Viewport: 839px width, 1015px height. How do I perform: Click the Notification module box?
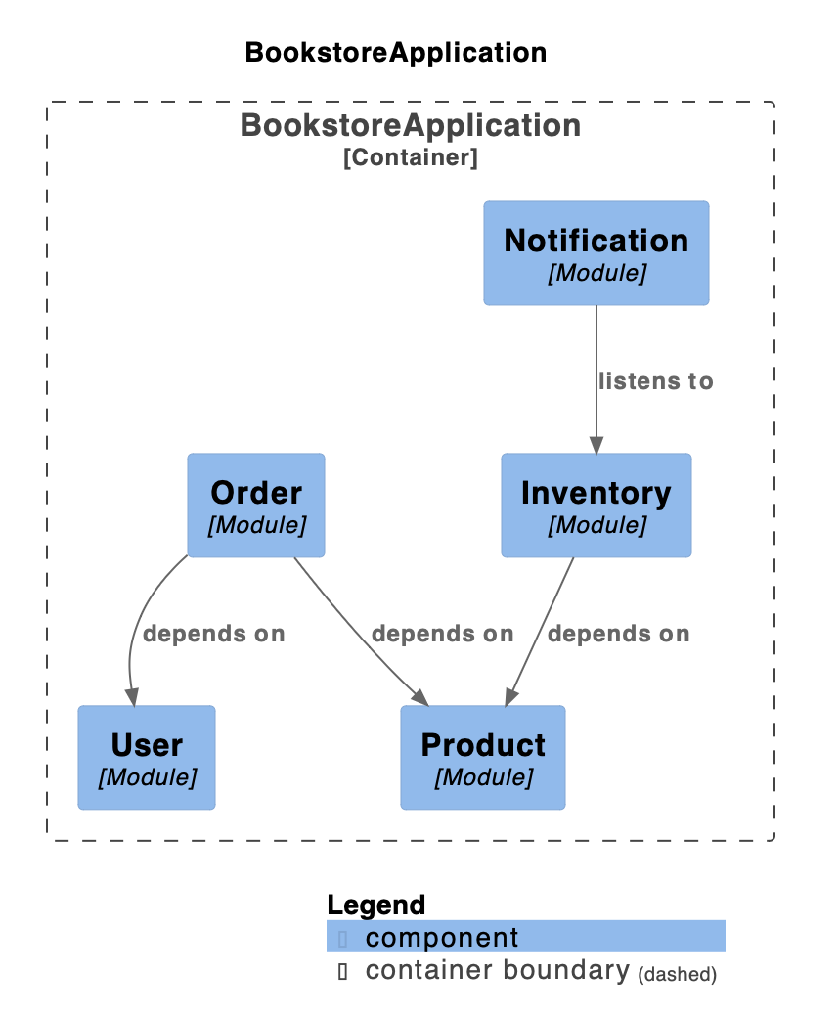596,253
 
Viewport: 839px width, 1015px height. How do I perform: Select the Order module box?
256,505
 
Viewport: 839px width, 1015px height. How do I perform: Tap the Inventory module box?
596,505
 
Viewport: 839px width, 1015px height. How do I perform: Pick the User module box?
147,758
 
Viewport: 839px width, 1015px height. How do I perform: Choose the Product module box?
483,758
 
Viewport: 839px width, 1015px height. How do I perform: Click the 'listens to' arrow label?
656,381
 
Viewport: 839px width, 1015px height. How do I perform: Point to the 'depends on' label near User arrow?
213,634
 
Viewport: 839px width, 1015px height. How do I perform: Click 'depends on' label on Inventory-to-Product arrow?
619,634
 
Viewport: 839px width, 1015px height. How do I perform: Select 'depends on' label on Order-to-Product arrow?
443,634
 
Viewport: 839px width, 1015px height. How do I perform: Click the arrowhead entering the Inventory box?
596,445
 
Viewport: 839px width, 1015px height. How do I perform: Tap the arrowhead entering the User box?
133,697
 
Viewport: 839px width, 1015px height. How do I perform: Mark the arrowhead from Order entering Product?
420,698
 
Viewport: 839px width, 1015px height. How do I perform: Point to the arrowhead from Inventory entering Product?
510,697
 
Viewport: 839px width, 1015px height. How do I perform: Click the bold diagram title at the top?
396,53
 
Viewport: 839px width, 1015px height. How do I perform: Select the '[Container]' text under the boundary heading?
411,157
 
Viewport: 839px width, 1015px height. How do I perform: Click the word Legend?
376,905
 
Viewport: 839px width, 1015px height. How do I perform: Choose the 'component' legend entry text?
442,938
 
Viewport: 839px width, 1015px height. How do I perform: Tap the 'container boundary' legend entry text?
497,970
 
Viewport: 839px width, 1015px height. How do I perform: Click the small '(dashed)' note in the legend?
677,974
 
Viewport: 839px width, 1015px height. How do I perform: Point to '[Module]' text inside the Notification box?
596,273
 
